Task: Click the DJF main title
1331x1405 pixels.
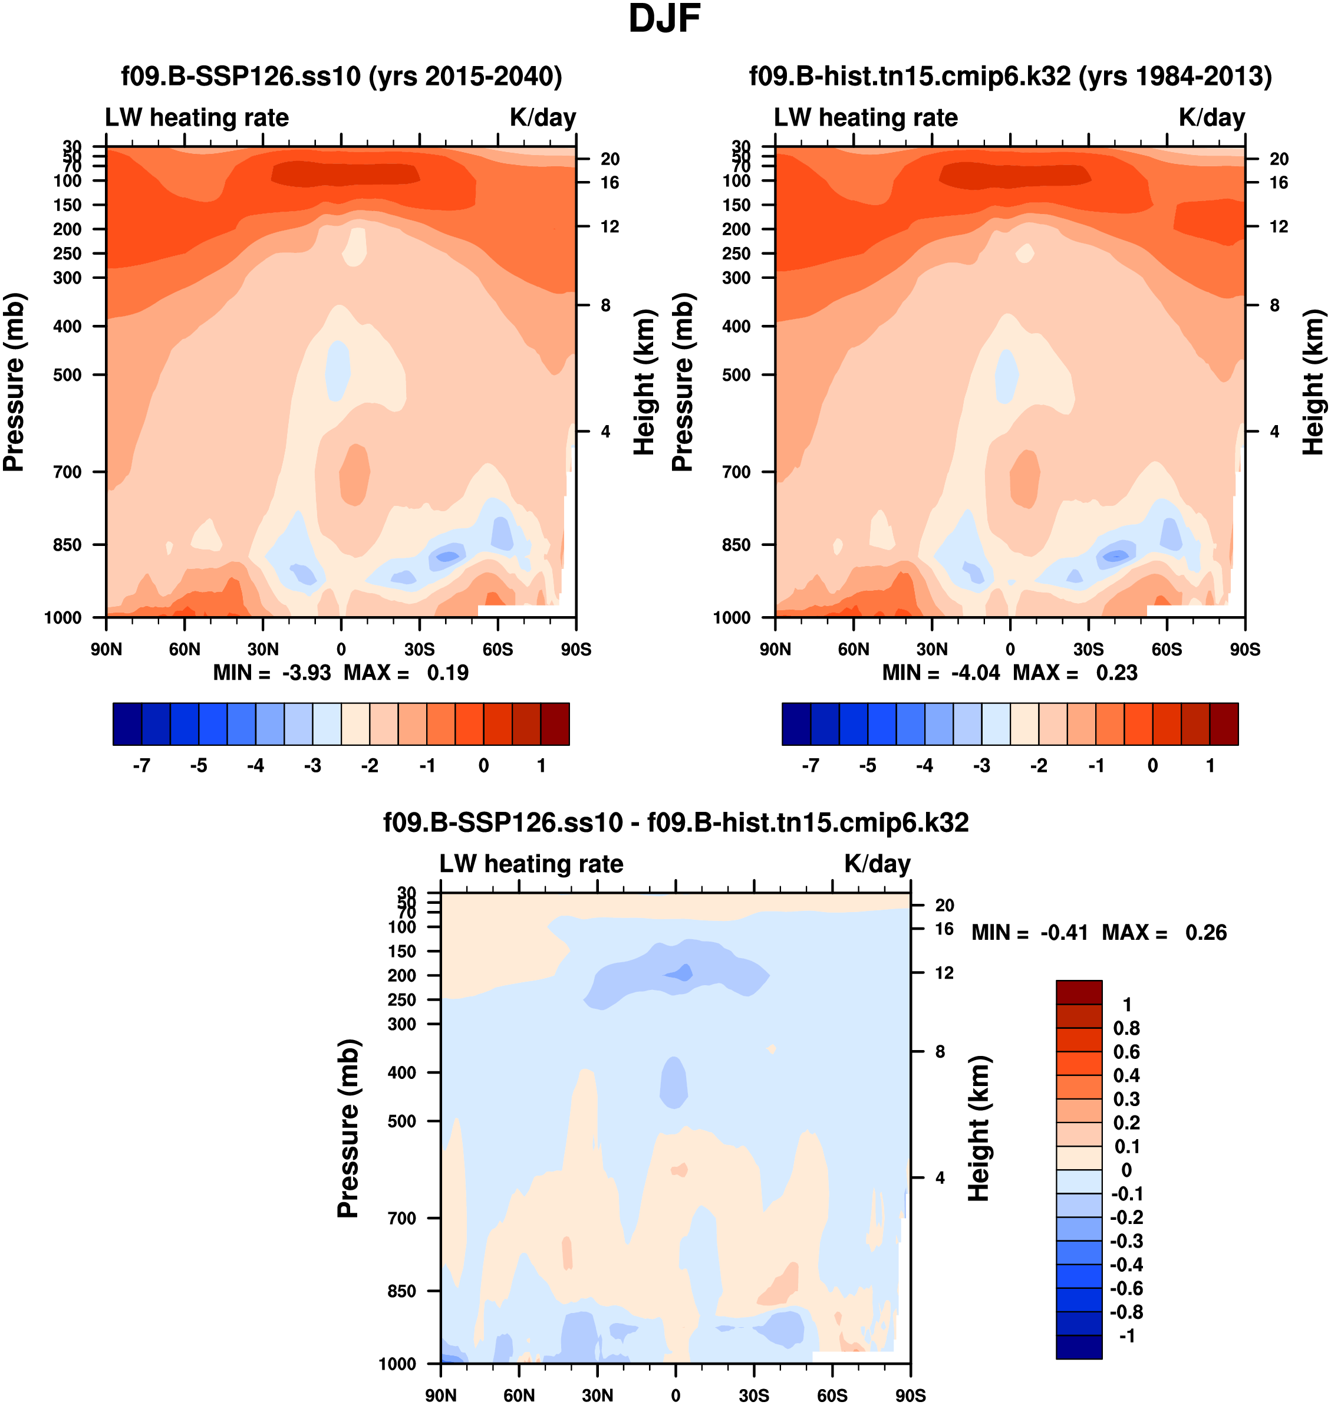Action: (664, 19)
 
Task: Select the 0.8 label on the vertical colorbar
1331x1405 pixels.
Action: (1126, 1028)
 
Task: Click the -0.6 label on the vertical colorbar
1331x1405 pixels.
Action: (1125, 1288)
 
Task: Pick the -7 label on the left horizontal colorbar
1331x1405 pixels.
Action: (141, 766)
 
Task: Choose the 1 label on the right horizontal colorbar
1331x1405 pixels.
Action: (1210, 766)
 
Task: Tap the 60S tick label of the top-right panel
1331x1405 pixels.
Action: (1167, 649)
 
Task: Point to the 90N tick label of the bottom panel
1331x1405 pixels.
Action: (440, 1395)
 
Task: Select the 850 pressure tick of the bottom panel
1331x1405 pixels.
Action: (401, 1291)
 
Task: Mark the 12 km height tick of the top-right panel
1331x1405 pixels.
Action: (1279, 226)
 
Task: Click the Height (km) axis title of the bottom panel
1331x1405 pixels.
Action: (979, 1128)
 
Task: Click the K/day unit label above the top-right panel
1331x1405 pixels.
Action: (1212, 117)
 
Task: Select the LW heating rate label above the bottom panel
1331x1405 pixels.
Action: (532, 864)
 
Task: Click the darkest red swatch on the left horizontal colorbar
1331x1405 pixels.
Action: (555, 725)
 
